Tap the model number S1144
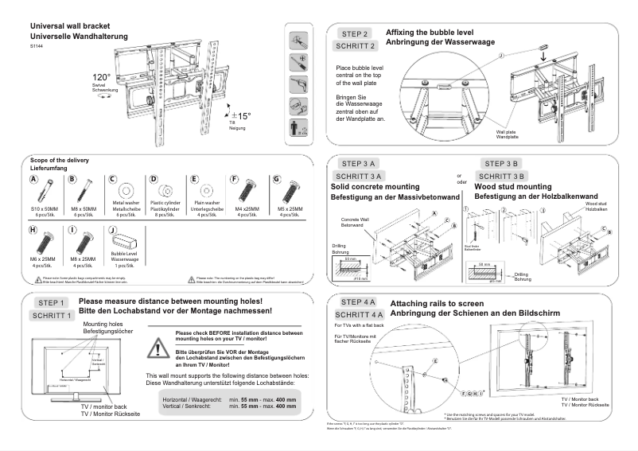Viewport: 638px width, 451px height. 37,47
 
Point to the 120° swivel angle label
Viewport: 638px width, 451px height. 101,78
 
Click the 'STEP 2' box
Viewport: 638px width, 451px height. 355,34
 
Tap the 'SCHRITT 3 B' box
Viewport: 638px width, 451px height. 500,176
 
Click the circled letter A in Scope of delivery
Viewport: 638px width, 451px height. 34,180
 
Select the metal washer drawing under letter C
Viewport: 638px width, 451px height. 126,192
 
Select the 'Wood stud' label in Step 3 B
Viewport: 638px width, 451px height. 595,204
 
